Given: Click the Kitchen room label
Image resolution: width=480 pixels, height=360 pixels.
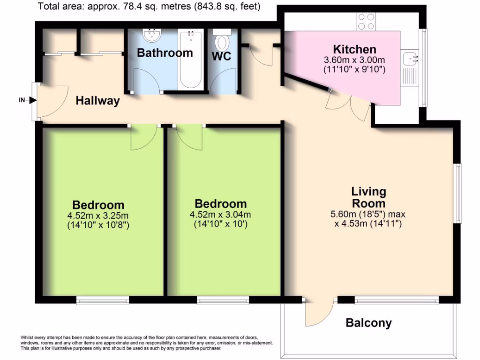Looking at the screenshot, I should coord(354,49).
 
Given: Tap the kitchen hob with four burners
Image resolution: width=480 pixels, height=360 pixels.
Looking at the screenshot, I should coord(366,21).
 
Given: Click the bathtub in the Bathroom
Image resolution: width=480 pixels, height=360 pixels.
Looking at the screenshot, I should coord(190,60).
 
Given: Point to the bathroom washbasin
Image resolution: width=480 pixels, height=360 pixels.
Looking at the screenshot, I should coord(151,34).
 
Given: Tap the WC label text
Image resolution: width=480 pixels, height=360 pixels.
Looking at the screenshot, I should coord(221,56).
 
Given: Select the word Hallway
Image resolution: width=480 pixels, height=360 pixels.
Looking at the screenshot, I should coord(98,101).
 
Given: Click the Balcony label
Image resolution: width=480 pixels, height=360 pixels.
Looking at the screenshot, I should coord(368,322).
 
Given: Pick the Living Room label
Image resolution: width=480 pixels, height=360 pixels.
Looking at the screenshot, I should coord(368,197).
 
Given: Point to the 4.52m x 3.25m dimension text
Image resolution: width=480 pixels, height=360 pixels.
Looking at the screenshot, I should coord(98,216).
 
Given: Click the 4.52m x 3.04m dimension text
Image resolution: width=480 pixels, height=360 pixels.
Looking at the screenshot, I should coord(220,215).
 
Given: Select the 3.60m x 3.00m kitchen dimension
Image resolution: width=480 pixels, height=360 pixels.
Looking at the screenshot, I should coord(354,60).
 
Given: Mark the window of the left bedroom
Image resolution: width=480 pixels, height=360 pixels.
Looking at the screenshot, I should coord(103,300).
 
